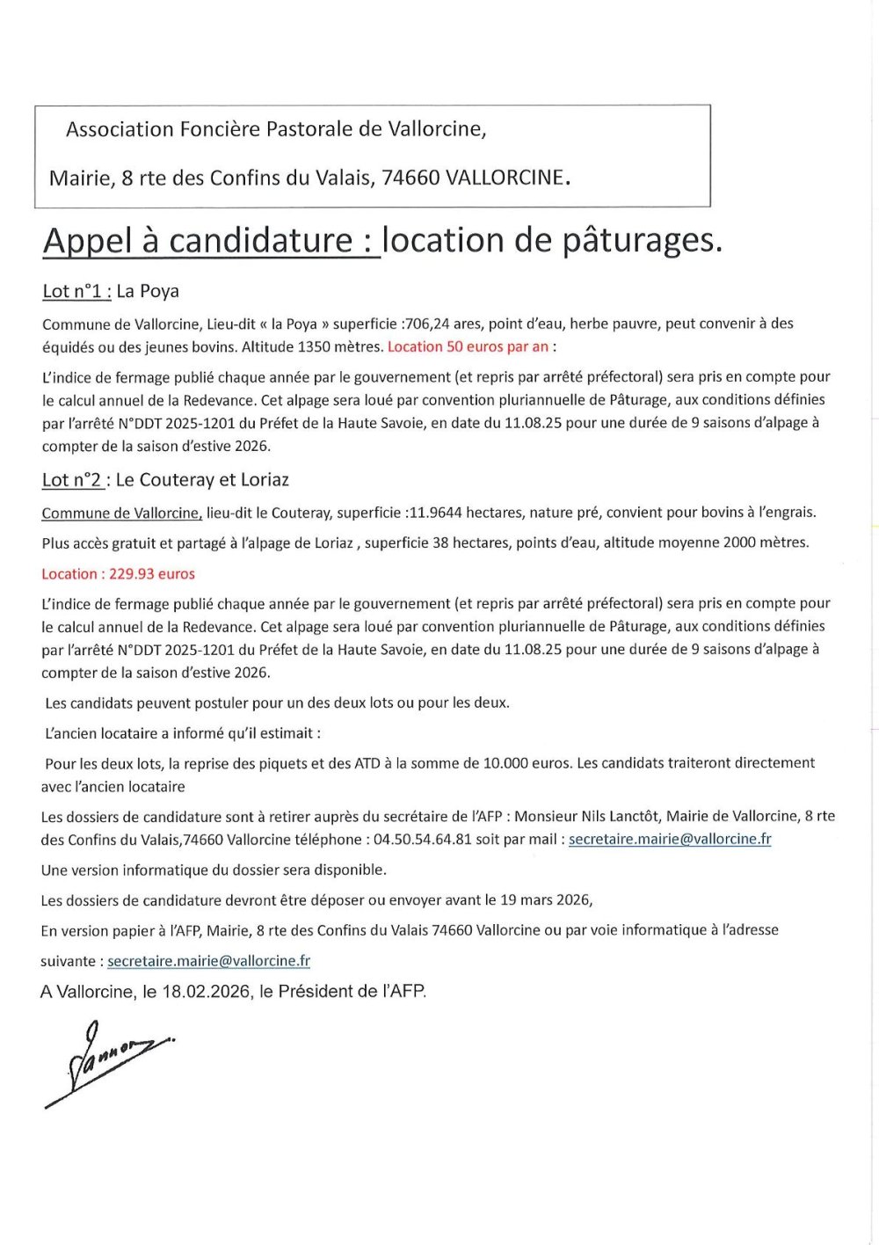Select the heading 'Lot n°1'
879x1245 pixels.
coord(76,291)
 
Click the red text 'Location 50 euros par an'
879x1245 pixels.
coord(468,346)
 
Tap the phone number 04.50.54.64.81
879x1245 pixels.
coord(422,840)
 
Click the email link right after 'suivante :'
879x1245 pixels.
coord(208,961)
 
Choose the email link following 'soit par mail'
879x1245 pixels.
coord(670,840)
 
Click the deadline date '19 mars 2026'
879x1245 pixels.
coord(545,900)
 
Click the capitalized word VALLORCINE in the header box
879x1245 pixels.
coord(505,178)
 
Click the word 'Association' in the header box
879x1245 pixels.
coord(120,130)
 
